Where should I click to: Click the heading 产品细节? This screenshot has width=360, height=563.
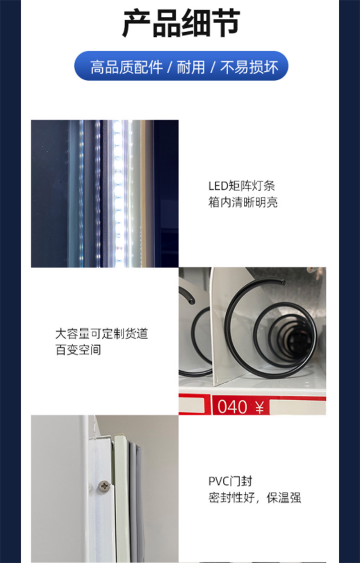click(x=181, y=24)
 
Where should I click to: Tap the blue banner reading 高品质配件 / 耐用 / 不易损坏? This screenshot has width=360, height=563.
click(x=181, y=66)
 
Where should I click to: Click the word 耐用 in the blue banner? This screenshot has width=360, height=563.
click(x=191, y=67)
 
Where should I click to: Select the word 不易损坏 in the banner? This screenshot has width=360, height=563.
click(x=249, y=67)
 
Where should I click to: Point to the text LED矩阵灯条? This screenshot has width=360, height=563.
click(x=241, y=185)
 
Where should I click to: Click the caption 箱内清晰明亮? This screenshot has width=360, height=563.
click(x=243, y=202)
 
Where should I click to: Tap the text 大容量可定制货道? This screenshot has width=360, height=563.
click(x=102, y=333)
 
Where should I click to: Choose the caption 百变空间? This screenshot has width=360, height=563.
click(x=78, y=350)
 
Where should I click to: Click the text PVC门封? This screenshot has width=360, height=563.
click(x=230, y=481)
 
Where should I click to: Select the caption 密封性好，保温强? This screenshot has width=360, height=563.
click(x=254, y=498)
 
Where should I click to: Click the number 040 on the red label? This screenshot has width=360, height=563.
click(x=232, y=407)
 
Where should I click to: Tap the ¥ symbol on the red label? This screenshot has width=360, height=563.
click(x=259, y=407)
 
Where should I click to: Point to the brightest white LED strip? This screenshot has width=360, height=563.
click(x=118, y=194)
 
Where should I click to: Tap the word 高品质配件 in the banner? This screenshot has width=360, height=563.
click(x=126, y=67)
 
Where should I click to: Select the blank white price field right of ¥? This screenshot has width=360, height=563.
click(x=298, y=407)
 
